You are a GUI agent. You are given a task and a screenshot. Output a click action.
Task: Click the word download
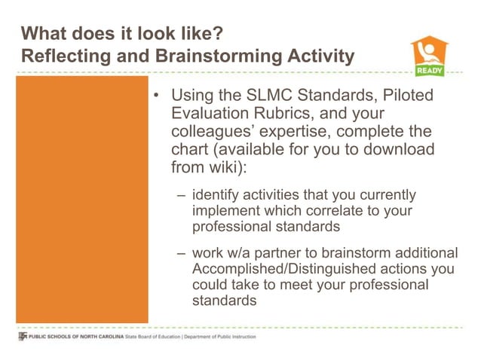point(397,149)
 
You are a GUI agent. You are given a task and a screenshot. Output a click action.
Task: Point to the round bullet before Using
point(156,99)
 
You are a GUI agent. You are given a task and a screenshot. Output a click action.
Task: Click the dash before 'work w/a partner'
point(182,253)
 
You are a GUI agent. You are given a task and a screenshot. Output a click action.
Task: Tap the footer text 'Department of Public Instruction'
point(218,337)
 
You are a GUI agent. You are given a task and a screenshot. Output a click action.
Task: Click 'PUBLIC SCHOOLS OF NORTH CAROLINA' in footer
point(72,337)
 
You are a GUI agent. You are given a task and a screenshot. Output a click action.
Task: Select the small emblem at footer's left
point(22,337)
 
